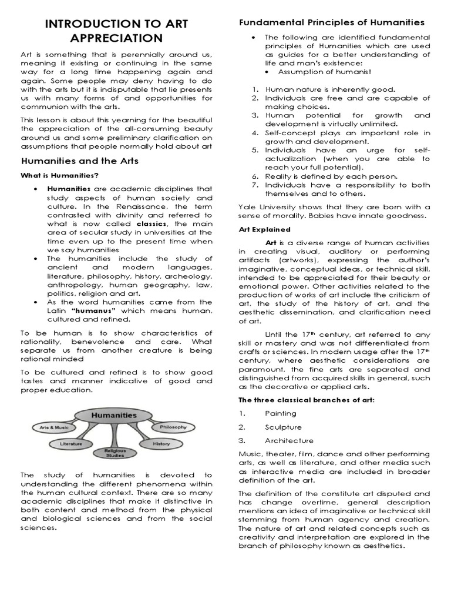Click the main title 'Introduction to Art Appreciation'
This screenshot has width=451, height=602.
click(116, 31)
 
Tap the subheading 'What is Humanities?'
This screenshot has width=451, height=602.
click(60, 176)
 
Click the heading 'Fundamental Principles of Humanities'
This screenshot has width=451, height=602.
click(331, 22)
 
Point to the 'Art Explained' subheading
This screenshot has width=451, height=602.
click(264, 229)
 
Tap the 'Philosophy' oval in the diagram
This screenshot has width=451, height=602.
click(173, 426)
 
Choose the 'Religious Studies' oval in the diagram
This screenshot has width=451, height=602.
click(115, 453)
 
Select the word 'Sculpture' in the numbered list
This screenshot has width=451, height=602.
click(284, 427)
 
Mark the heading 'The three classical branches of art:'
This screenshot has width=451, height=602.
click(307, 400)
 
